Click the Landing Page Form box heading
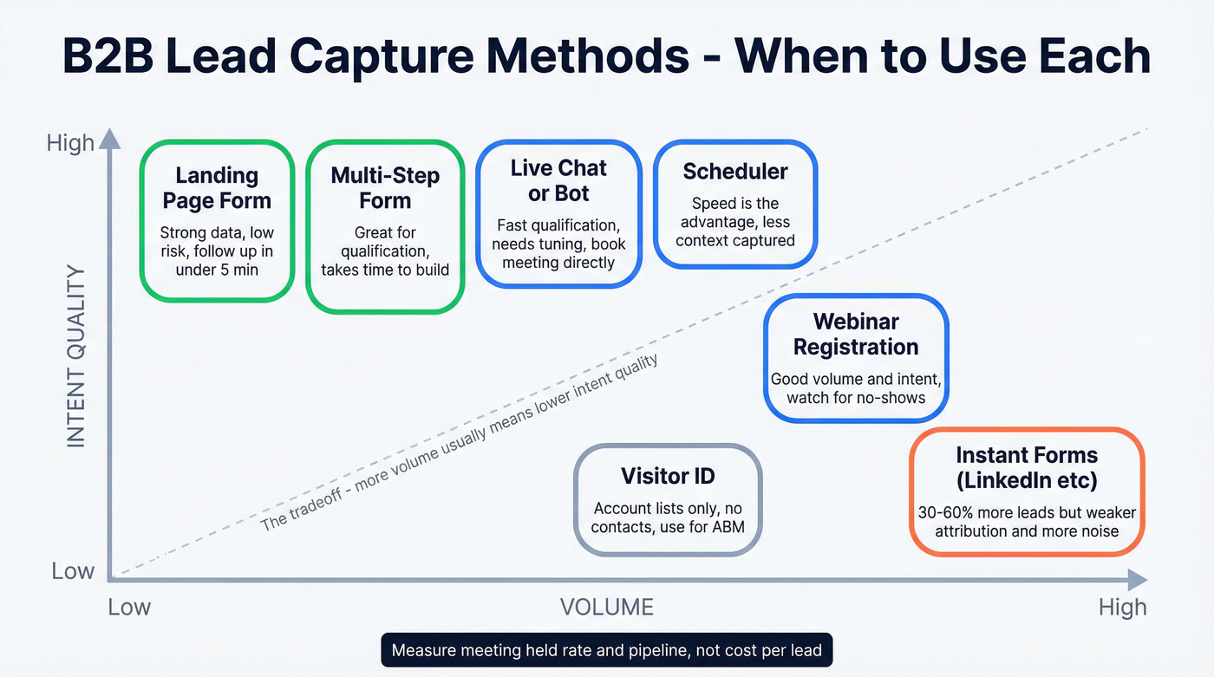(217, 188)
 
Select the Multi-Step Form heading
(385, 188)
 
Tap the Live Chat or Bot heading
(558, 180)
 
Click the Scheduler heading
(734, 172)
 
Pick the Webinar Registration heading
(856, 334)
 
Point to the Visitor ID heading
(668, 476)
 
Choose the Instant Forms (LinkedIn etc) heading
(1027, 467)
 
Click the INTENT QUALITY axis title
(76, 356)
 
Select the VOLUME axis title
(606, 607)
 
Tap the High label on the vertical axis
(70, 143)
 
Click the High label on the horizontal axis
(1122, 607)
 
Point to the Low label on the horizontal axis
(129, 607)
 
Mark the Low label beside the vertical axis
(73, 571)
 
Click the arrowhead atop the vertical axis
(109, 138)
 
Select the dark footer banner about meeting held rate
(606, 650)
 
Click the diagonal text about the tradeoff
(460, 442)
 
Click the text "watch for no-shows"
(856, 398)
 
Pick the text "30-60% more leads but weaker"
(1027, 512)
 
